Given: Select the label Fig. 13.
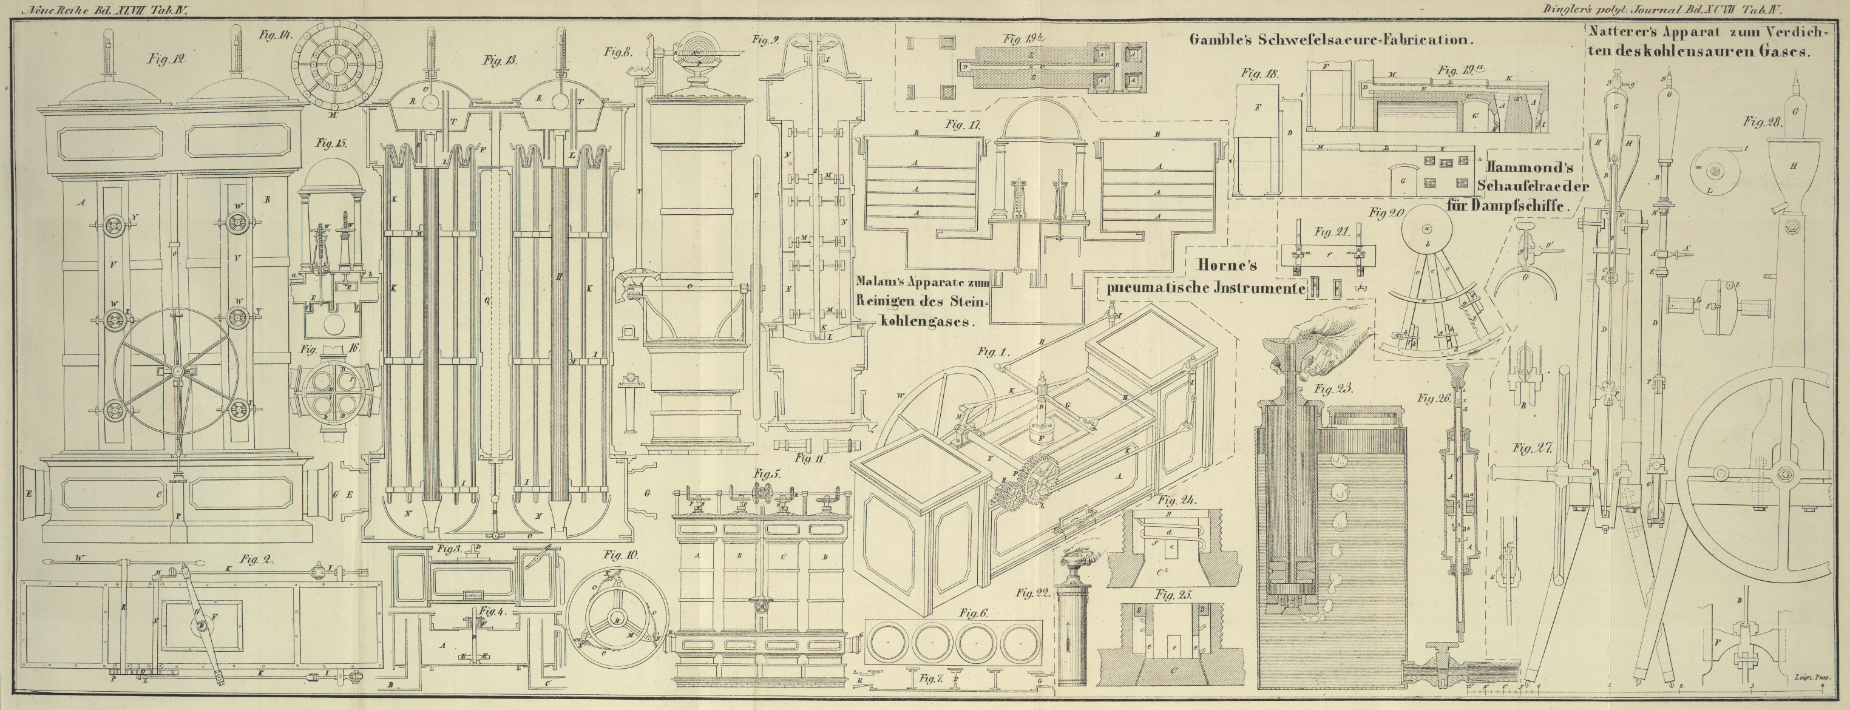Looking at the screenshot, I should [x=501, y=61].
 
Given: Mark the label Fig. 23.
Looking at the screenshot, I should [x=1333, y=389].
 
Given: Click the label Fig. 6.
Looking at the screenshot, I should [x=975, y=613].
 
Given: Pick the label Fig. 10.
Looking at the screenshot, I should [x=621, y=555].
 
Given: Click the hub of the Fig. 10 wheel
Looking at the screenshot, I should [x=616, y=620].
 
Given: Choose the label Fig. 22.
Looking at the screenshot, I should [x=1032, y=593].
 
